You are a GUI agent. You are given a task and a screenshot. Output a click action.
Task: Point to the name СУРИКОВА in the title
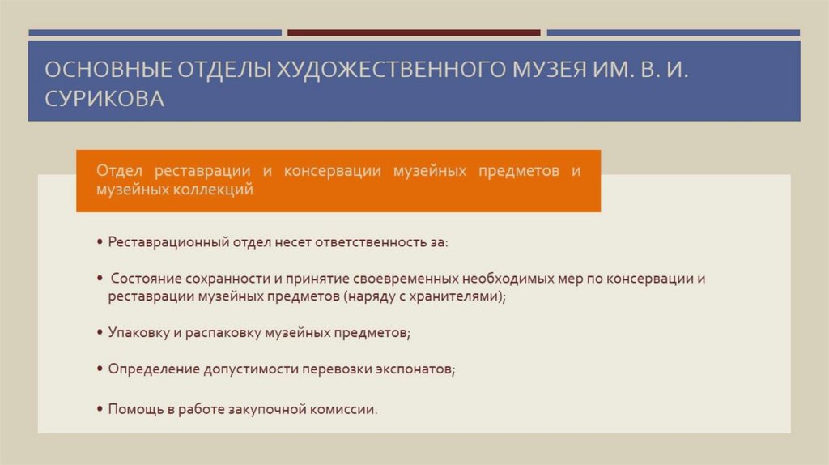[104, 99]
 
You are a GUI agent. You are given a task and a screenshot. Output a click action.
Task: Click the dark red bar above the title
[414, 33]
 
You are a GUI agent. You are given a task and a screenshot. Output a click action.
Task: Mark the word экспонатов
[414, 369]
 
